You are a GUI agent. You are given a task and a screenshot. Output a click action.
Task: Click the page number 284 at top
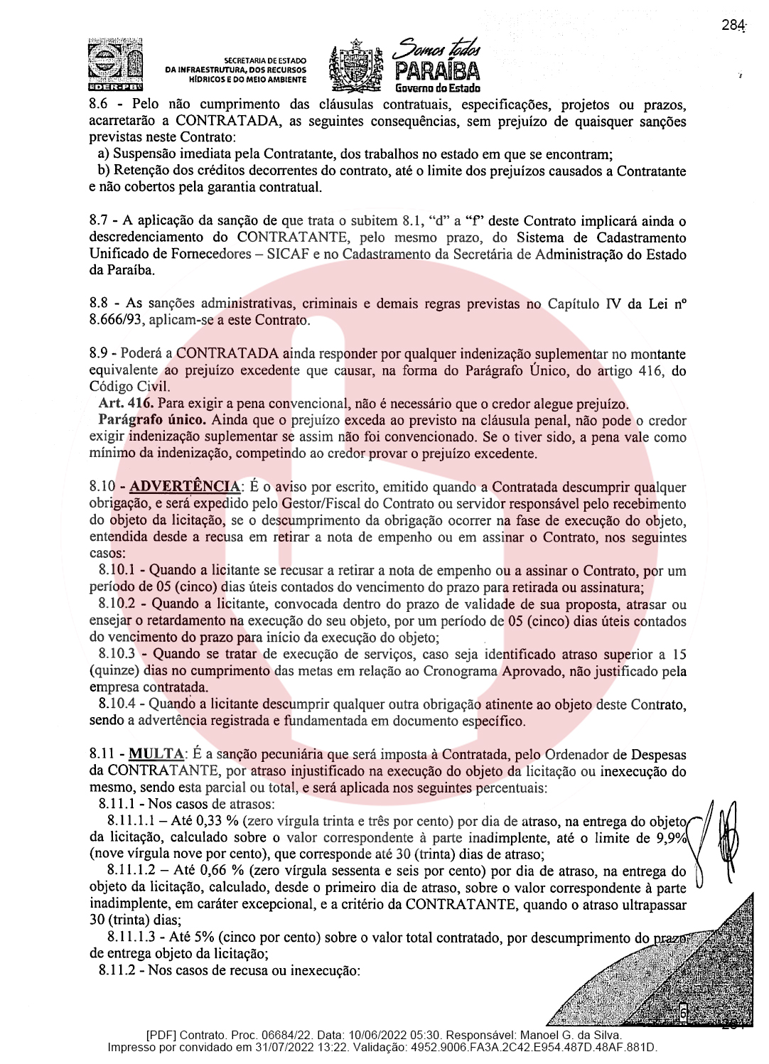(733, 25)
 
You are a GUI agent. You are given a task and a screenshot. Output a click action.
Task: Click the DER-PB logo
(116, 65)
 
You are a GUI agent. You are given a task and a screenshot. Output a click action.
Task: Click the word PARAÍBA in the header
(437, 72)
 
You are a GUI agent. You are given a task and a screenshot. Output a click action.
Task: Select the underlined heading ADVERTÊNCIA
(185, 487)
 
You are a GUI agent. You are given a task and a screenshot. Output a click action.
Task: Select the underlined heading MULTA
(156, 754)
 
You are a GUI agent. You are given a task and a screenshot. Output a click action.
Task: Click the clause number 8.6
(98, 104)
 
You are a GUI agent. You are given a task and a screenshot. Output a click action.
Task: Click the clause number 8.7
(98, 221)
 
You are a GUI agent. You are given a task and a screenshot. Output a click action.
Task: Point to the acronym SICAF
(288, 254)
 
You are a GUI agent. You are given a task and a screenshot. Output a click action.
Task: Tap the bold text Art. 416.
(126, 403)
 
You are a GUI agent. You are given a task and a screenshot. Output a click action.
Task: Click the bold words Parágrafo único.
(152, 420)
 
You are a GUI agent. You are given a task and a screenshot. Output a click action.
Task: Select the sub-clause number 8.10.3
(117, 654)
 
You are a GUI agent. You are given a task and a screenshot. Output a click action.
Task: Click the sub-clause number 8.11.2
(117, 970)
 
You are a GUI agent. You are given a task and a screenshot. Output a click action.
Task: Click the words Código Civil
(129, 387)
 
